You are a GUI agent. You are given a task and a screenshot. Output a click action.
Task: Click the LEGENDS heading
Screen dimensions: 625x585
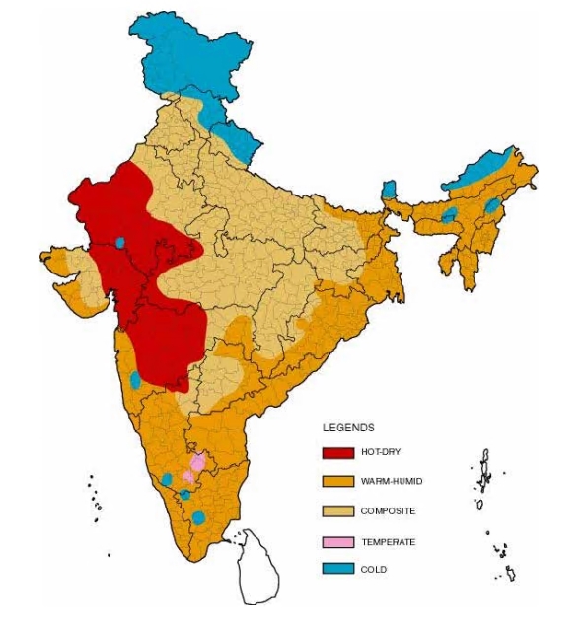348,428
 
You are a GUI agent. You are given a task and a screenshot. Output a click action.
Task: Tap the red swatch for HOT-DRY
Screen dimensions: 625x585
337,453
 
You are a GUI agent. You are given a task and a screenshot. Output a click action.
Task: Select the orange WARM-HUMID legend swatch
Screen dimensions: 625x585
337,482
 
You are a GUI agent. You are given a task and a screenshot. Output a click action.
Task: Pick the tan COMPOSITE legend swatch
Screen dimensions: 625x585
337,511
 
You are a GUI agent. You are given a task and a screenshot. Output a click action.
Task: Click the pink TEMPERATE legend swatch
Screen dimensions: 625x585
337,541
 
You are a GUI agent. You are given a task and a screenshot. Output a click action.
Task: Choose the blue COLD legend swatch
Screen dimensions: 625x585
337,569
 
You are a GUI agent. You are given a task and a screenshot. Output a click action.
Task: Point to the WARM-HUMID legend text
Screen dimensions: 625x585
391,482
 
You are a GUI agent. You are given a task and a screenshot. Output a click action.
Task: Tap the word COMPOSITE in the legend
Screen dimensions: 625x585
388,511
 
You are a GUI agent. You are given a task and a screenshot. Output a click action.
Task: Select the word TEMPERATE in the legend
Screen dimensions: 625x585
388,541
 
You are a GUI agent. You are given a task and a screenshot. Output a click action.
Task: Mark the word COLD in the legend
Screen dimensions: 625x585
374,569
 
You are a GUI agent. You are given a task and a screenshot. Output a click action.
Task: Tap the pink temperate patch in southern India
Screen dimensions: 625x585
196,463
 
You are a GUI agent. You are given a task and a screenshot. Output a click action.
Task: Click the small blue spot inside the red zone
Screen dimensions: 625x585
120,241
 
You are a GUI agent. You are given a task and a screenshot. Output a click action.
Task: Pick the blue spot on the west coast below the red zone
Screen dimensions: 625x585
135,379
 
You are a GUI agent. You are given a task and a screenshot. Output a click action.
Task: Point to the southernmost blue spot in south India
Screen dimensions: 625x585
198,517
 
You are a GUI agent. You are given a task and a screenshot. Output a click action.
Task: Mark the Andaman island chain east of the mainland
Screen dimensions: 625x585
484,474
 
